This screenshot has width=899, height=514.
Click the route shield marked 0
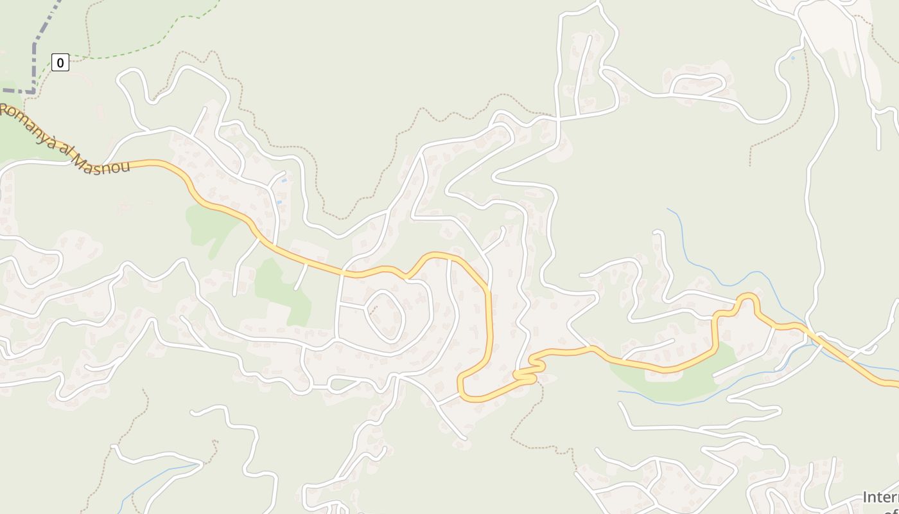coord(60,62)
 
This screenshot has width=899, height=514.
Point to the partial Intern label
coord(880,497)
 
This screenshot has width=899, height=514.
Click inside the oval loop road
coord(385,316)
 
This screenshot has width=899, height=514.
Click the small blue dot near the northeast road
coord(792,58)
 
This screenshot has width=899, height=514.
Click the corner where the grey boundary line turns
coord(33,92)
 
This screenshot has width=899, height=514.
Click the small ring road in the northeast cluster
coord(698,85)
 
